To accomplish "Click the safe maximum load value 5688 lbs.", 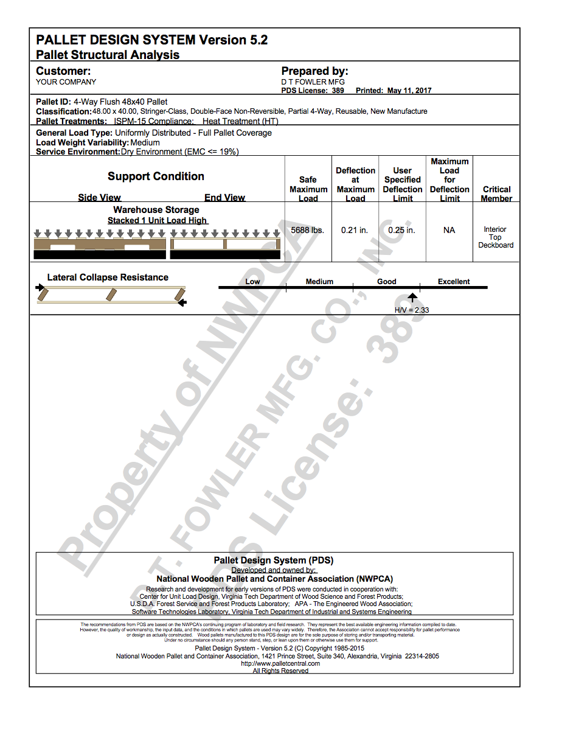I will (x=308, y=231).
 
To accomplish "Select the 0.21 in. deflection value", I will (x=355, y=231).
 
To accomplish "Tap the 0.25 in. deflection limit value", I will (x=402, y=231).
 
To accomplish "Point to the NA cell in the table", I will (x=449, y=231).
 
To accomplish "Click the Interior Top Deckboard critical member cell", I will (x=495, y=237).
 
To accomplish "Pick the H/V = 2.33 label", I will (x=412, y=310).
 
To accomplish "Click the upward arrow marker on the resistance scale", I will (x=412, y=298).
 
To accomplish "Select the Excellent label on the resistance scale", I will (x=454, y=282).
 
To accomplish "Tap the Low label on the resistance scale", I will (x=252, y=282).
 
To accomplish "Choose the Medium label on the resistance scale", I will (x=319, y=282).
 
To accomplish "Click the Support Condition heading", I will (x=156, y=176).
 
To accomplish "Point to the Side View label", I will (x=99, y=198).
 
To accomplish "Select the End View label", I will (x=224, y=198).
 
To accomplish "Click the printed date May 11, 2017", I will (x=409, y=91).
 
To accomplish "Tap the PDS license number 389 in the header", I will (x=338, y=91).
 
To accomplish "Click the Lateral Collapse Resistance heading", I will (x=108, y=277).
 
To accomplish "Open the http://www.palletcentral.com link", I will (x=280, y=664).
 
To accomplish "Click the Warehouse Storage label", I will (x=156, y=210).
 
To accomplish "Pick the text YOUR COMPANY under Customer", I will (x=66, y=82).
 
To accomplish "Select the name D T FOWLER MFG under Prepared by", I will (x=313, y=82).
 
